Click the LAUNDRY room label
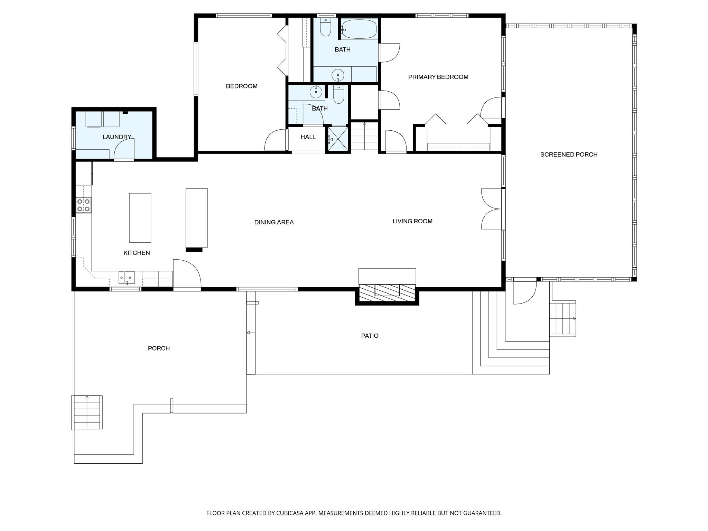[x=117, y=137]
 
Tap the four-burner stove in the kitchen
[x=84, y=205]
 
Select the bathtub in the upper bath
[x=359, y=29]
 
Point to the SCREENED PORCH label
[x=569, y=155]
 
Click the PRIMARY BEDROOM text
[x=438, y=77]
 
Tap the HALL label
[x=308, y=137]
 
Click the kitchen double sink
[x=127, y=278]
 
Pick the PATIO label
[x=370, y=336]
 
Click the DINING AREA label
[x=274, y=222]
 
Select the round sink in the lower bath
[x=316, y=92]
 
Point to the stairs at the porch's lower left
[x=87, y=412]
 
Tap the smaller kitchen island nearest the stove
[x=140, y=217]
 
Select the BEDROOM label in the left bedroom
[x=242, y=86]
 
